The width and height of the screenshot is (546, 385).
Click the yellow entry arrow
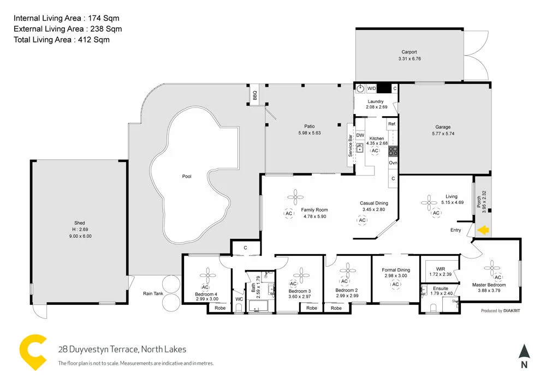point(483,231)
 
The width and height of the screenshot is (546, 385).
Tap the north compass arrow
point(524,352)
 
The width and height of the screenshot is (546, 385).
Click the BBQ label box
point(255,95)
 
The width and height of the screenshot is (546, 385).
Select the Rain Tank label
point(153,294)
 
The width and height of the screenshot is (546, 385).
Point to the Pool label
point(187,177)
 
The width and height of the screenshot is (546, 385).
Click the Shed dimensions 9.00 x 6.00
point(80,236)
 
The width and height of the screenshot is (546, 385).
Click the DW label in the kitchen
point(360,135)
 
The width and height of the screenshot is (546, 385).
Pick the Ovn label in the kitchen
point(393,163)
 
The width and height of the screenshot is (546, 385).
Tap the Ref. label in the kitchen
point(392,124)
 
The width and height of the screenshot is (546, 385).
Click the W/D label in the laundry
point(371,88)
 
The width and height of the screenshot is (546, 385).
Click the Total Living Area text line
point(62,39)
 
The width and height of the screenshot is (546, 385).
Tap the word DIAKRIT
point(511,311)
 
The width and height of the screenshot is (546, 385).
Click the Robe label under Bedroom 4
point(220,308)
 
